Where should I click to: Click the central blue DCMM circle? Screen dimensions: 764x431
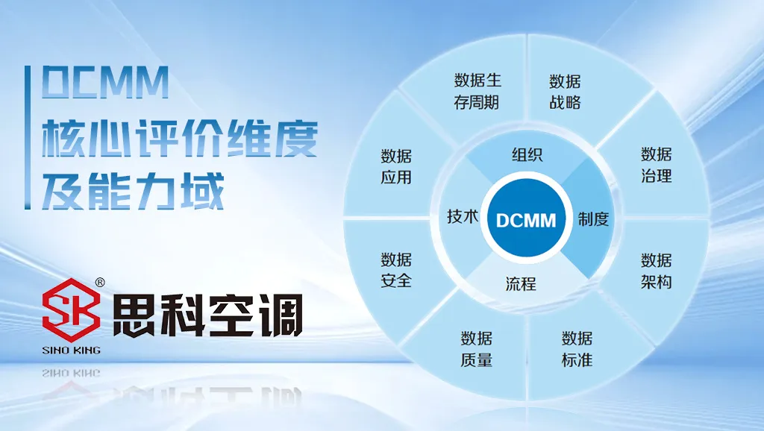526,220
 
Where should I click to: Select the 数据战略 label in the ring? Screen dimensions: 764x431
565,92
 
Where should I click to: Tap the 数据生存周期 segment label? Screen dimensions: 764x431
477,91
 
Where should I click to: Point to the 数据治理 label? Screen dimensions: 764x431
656,165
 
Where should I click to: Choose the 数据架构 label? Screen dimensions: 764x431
656,271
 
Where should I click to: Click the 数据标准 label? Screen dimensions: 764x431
577,349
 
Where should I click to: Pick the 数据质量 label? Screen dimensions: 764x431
477,349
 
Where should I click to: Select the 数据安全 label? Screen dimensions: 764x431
396,270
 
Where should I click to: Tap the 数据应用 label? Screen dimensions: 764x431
396,166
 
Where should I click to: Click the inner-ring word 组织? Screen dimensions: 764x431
527,155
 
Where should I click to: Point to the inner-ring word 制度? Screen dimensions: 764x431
593,219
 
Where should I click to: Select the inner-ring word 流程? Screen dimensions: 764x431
521,283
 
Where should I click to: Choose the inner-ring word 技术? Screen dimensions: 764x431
463,216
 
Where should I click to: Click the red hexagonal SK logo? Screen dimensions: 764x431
71,310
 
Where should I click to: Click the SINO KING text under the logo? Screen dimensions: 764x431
71,350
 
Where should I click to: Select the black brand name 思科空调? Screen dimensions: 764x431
207,315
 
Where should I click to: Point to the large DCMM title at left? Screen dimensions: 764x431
105,82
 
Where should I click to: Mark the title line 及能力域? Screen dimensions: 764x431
133,191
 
